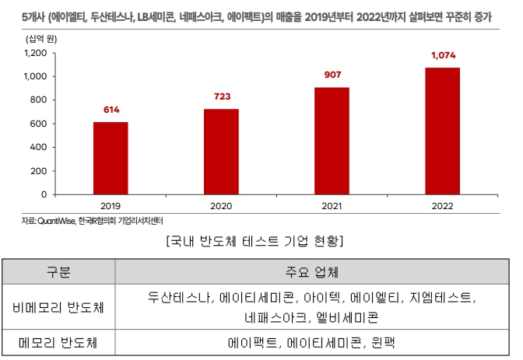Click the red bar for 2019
pyautogui.click(x=111, y=158)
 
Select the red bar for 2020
pyautogui.click(x=221, y=152)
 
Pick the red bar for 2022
pyautogui.click(x=443, y=131)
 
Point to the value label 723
pyautogui.click(x=221, y=98)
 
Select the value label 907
pyautogui.click(x=332, y=76)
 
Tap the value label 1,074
pyautogui.click(x=443, y=56)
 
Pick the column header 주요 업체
pyautogui.click(x=311, y=272)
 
